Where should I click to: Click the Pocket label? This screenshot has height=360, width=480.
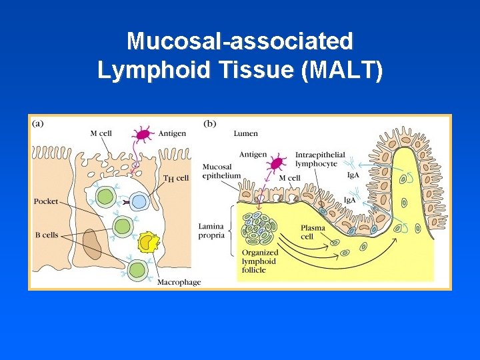tap(46, 201)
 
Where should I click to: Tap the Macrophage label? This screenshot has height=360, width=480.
tap(179, 282)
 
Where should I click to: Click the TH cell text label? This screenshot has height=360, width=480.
tap(176, 178)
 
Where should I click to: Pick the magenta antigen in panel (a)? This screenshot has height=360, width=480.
tap(142, 135)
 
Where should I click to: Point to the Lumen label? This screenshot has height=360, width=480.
tap(245, 133)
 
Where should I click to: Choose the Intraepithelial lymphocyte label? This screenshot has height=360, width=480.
tap(320, 159)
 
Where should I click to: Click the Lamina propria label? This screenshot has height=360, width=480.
tap(211, 231)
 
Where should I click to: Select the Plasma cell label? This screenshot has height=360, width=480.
tap(312, 232)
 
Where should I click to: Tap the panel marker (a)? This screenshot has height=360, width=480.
tap(39, 123)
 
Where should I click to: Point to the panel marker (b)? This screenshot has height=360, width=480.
tap(209, 123)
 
